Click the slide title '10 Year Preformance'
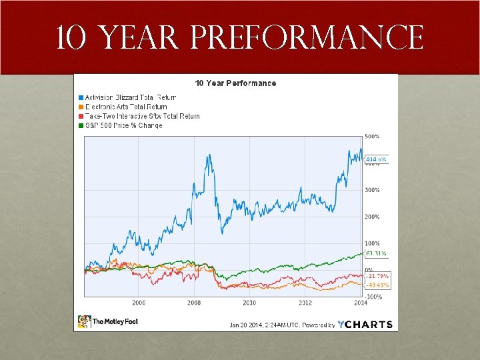[240, 37]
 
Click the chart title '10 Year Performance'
[235, 83]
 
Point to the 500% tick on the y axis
[372, 136]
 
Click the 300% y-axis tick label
[372, 190]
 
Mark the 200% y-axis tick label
[372, 217]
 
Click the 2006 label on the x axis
[139, 303]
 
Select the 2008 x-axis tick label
[194, 303]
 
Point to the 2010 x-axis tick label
[249, 303]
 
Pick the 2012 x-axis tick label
[305, 303]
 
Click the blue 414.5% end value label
[376, 159]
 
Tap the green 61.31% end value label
[376, 253]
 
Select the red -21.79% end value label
[377, 276]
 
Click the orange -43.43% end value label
[377, 285]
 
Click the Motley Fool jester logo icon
[84, 321]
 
